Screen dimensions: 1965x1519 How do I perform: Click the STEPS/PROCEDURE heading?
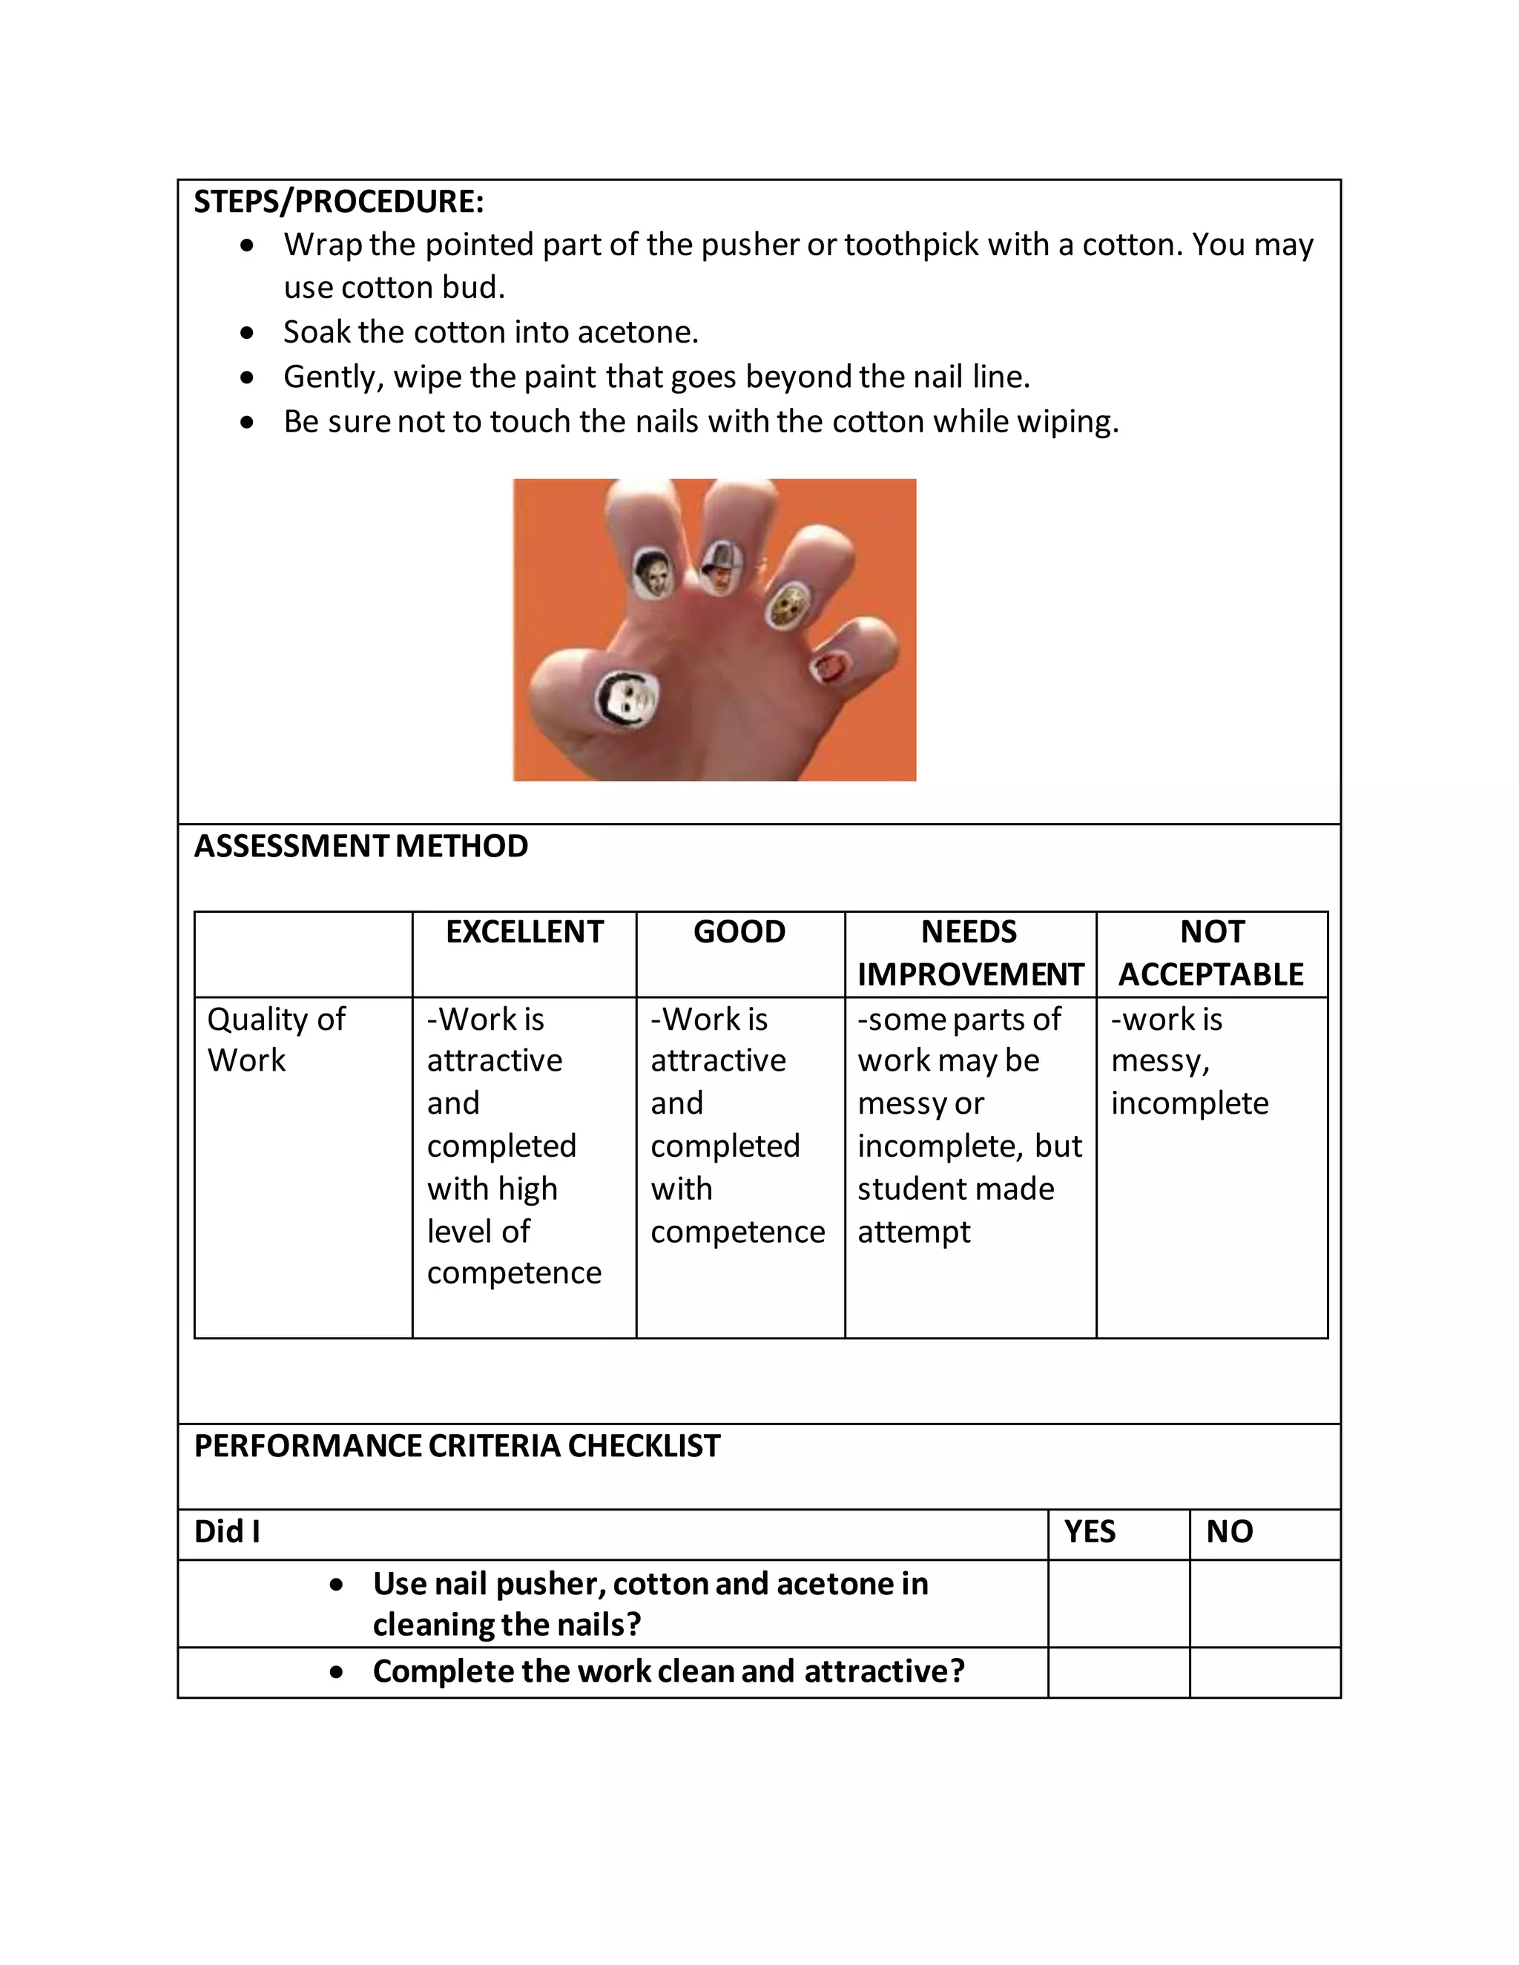338,202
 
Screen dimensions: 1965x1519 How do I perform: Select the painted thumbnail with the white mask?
627,701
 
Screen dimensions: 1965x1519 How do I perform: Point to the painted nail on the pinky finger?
828,667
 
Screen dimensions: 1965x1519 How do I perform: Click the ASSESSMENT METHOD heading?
361,846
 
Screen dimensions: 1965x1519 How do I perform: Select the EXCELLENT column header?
524,932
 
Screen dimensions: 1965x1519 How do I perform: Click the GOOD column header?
739,932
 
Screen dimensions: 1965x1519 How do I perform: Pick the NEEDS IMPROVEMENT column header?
970,953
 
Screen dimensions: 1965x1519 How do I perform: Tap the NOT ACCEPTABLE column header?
1211,953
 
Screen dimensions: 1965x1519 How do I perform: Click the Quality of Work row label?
275,1039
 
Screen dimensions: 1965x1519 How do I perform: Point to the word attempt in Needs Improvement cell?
913,1232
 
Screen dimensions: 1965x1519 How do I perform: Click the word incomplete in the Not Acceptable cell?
1189,1103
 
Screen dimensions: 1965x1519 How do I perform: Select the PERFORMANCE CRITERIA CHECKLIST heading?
457,1446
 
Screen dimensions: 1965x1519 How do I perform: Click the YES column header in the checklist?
1090,1531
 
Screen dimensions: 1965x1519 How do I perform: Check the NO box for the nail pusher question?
1265,1603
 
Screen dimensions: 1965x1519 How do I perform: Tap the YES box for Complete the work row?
1118,1671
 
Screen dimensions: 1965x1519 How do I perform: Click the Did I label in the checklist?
228,1531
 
